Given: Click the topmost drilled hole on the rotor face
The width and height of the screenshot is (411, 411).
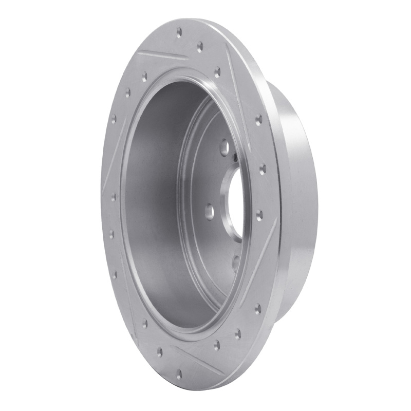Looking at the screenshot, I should pos(179,32).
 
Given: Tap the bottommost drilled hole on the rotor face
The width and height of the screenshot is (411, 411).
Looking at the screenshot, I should pos(179,376).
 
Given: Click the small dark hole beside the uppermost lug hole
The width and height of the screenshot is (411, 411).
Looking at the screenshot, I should pos(234,157).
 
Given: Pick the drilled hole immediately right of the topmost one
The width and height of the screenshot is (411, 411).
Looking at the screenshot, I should pos(200,45).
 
